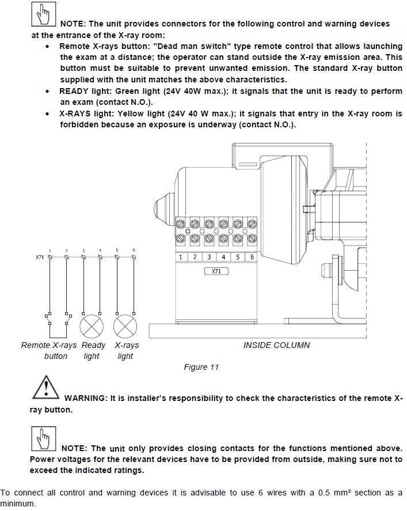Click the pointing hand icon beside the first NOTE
43,16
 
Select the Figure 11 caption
201,367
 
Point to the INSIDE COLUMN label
276,345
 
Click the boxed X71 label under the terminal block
216,271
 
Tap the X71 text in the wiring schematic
39,257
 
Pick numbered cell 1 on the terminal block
181,257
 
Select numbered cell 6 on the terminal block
251,257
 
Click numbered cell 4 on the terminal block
223,257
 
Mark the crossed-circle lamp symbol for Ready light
92,327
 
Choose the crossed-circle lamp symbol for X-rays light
125,327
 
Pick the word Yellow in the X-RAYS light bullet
132,114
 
